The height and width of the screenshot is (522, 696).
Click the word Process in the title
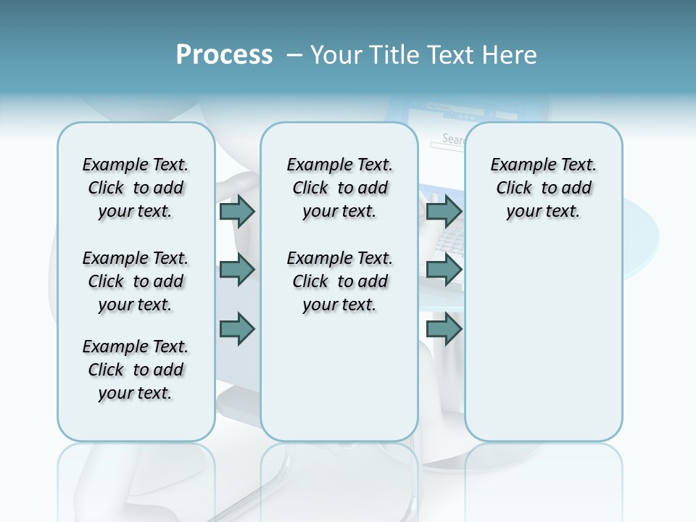[224, 55]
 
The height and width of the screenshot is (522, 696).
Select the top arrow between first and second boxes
[237, 211]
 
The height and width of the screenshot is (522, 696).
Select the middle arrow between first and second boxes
[237, 270]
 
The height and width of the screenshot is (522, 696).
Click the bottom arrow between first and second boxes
[237, 328]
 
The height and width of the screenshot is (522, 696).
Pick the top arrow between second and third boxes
[444, 211]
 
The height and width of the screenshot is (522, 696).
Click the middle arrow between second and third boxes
[444, 270]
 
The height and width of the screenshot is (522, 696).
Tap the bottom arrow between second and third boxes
[444, 328]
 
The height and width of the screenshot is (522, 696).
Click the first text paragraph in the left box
[136, 188]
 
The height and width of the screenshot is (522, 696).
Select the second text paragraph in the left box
[136, 281]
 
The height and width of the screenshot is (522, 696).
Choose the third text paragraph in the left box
[136, 370]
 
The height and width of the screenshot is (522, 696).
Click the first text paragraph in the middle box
[339, 188]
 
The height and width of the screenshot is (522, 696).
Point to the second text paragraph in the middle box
[339, 281]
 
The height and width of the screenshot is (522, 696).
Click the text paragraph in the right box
[543, 188]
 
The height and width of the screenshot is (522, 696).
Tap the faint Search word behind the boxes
[453, 139]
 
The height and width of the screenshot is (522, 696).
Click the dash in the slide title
[294, 56]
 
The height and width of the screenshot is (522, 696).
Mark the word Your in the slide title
[336, 55]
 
